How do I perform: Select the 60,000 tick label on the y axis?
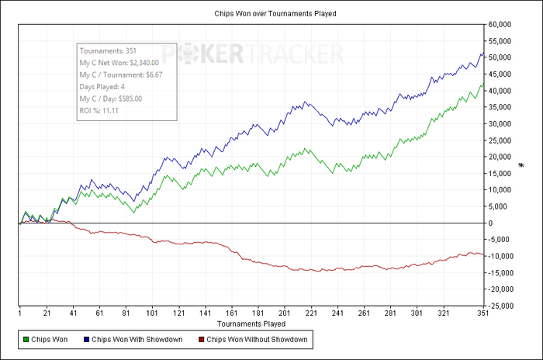pos(502,24)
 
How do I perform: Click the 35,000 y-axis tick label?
pos(502,107)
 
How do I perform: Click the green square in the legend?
pos(27,340)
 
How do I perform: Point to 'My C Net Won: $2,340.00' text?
pos(119,63)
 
